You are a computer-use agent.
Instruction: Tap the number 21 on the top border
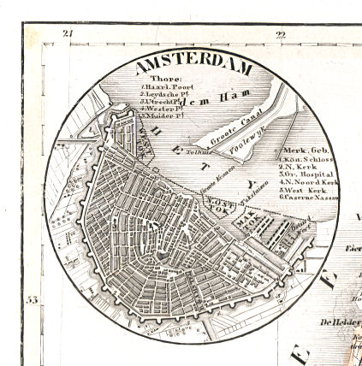coord(68,33)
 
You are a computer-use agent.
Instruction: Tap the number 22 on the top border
coord(280,34)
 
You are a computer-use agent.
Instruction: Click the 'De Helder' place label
coord(338,322)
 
